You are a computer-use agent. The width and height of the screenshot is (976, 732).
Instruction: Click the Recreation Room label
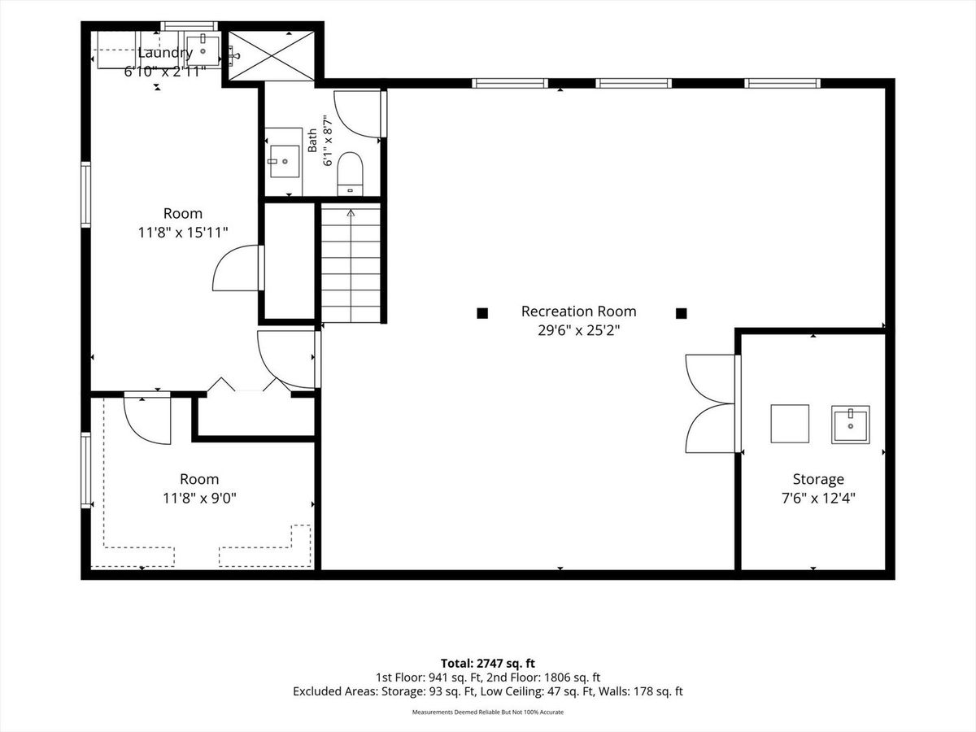[x=578, y=312]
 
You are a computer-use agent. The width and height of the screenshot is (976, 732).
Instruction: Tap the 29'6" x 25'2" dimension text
[x=578, y=330]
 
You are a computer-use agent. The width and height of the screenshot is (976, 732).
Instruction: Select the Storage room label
[x=818, y=480]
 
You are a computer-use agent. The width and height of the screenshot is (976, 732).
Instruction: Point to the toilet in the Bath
[x=350, y=174]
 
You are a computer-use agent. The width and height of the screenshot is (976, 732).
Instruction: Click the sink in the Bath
[x=285, y=161]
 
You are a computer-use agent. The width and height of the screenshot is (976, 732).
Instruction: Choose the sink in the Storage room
[x=851, y=425]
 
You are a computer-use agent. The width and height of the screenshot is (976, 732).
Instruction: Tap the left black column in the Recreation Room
[x=482, y=313]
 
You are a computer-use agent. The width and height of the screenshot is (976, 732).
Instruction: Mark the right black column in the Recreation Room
[x=682, y=313]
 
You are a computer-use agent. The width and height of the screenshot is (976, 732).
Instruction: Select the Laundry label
[x=165, y=53]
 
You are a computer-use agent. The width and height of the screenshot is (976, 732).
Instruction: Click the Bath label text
[x=312, y=141]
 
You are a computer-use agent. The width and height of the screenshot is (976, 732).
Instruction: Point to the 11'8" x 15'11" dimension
[x=183, y=232]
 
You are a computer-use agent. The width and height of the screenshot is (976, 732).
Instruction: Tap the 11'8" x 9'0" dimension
[x=199, y=499]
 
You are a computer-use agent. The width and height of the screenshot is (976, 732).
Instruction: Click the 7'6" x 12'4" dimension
[x=818, y=499]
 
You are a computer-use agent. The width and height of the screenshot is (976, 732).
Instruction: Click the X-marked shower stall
[x=271, y=56]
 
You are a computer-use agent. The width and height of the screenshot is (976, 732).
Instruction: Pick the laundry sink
[x=203, y=50]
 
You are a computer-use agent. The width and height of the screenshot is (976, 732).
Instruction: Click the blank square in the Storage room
[x=790, y=424]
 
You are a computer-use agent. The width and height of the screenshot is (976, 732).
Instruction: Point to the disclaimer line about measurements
[x=488, y=712]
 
